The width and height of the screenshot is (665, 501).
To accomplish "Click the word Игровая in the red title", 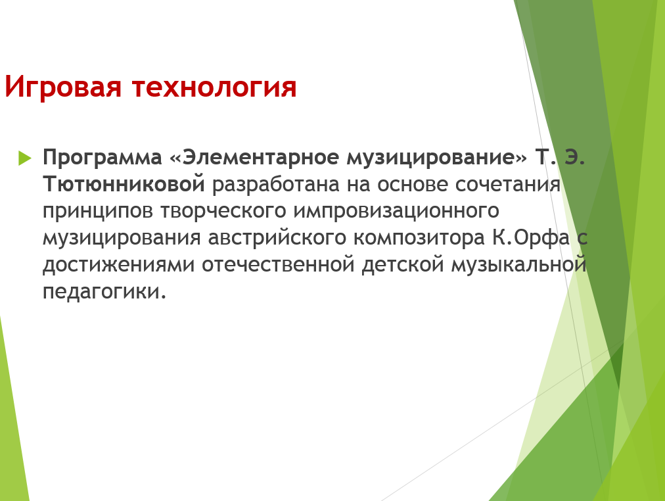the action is (63, 88).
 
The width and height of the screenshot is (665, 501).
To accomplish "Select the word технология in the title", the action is (214, 88).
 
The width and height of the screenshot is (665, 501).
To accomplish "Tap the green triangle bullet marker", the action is (25, 158).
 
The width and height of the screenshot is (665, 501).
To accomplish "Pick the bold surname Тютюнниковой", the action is (124, 183).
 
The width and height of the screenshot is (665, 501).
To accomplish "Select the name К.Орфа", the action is (531, 237).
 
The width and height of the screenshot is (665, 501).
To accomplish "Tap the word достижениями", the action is (119, 265).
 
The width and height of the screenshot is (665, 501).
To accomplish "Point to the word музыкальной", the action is (519, 265).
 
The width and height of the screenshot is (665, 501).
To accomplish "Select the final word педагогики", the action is (104, 292).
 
